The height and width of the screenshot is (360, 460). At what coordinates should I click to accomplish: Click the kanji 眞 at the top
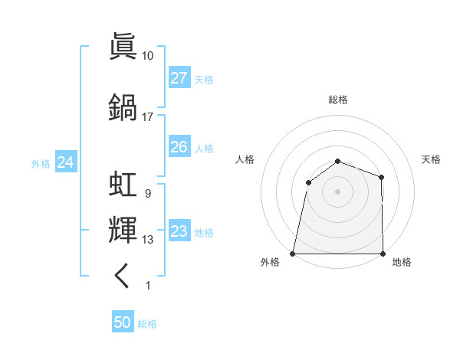[123, 45]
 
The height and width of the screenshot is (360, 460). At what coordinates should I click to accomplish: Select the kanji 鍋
[123, 106]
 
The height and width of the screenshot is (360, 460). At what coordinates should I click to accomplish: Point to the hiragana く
[123, 276]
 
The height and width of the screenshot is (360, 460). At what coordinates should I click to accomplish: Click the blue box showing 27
[179, 78]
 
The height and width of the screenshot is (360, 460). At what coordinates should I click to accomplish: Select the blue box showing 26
[179, 147]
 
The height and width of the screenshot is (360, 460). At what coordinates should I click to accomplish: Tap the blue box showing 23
[179, 231]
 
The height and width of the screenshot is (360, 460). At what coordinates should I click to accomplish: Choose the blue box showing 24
[65, 162]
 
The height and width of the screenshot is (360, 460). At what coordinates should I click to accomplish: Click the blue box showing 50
[123, 322]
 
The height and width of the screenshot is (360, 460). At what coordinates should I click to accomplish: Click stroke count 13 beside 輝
[147, 240]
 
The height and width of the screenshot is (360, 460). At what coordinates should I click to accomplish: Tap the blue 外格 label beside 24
[41, 163]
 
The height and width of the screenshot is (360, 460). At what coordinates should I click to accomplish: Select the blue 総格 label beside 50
[147, 324]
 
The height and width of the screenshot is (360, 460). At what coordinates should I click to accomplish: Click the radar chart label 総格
[337, 100]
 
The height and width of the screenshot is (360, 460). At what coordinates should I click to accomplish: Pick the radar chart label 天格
[431, 159]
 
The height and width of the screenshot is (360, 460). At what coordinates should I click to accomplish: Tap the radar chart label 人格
[245, 159]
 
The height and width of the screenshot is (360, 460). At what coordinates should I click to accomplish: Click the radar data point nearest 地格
[383, 253]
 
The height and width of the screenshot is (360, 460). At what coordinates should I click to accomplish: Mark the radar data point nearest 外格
[293, 253]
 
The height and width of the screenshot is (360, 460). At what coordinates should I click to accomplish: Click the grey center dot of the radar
[337, 191]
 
